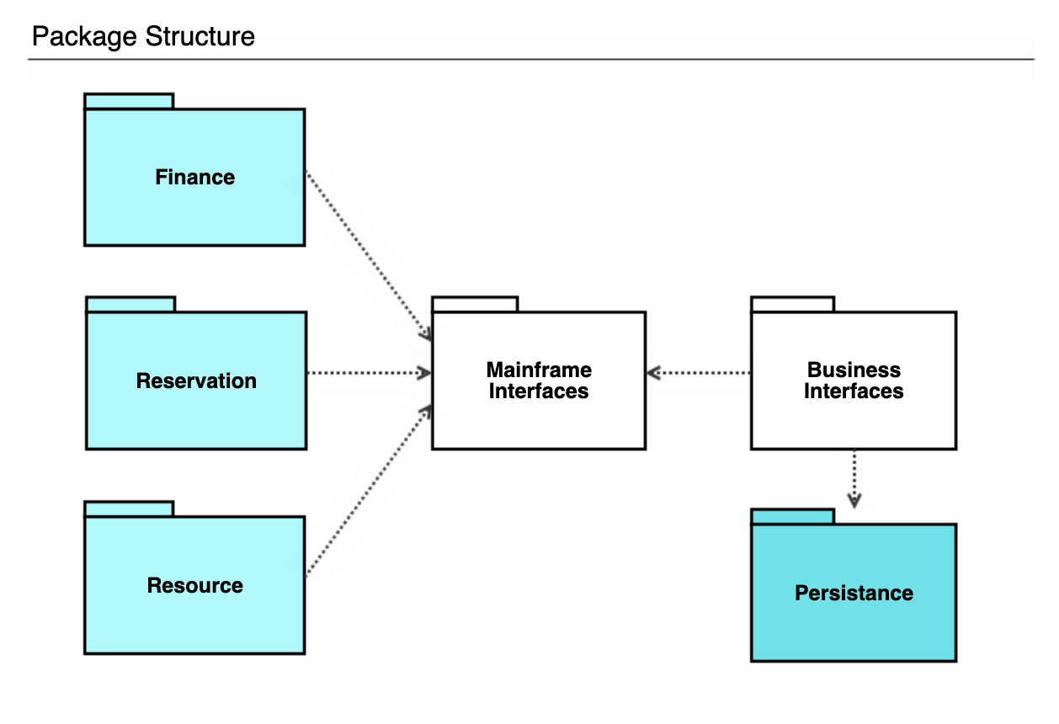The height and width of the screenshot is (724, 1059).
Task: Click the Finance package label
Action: tap(194, 178)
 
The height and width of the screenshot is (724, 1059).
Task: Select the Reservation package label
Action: tap(196, 381)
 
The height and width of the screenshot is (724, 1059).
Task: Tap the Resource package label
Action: tap(194, 586)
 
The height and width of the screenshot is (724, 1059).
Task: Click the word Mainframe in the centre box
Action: tap(539, 370)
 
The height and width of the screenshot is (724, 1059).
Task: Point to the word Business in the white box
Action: tap(854, 370)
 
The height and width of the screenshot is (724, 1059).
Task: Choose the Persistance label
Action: tap(854, 594)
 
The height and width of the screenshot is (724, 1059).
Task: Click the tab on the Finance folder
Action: tap(129, 102)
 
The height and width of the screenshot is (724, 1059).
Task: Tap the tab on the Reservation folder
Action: tap(130, 305)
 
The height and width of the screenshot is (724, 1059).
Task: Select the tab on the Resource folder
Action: tap(129, 509)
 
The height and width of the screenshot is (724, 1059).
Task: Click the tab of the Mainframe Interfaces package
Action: tap(475, 305)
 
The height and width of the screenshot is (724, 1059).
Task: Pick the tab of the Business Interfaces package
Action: tap(792, 305)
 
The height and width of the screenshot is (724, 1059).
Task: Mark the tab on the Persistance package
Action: tap(792, 517)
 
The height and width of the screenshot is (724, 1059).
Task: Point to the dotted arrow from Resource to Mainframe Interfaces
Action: tap(368, 492)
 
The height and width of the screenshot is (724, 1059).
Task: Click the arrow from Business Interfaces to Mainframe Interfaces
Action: tap(699, 373)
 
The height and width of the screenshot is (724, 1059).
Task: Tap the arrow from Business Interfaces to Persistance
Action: tap(854, 478)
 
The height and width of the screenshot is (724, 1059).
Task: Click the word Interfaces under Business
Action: tap(854, 392)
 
